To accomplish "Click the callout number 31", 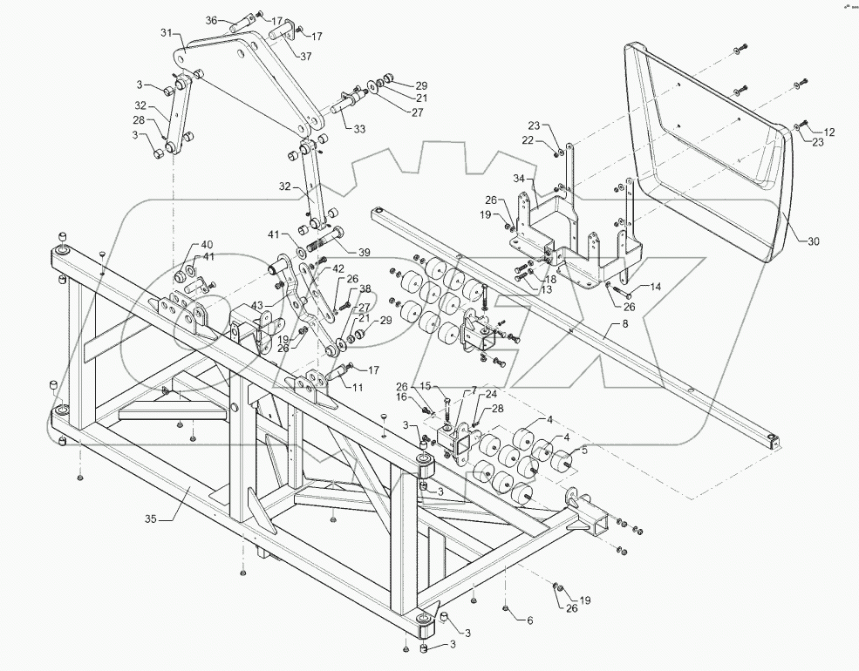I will coord(167,34).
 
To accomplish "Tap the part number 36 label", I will coord(211,20).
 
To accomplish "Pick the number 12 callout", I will coord(828,132).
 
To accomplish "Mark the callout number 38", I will coord(341,288).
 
